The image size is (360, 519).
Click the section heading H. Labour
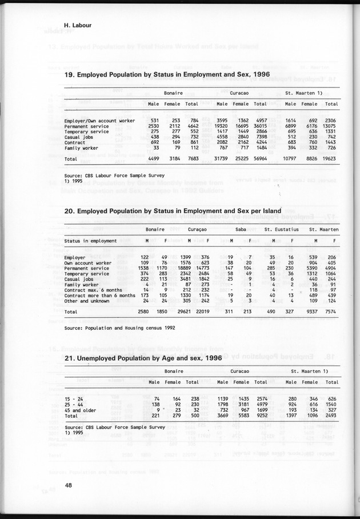point(81,26)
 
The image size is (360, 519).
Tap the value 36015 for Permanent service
point(260,125)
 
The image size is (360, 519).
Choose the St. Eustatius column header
point(282,229)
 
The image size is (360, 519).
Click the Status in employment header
point(91,241)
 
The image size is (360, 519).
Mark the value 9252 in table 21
point(260,416)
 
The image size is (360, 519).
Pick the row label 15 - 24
point(74,398)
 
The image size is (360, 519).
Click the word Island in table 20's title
point(270,211)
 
